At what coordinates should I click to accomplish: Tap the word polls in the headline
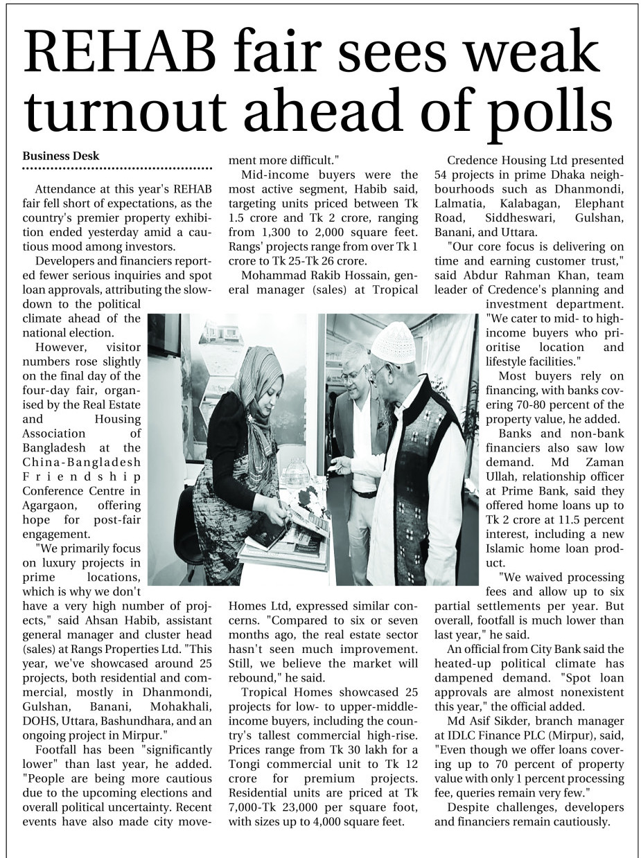(534, 114)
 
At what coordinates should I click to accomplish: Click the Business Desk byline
(61, 157)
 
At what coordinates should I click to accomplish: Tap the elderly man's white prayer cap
(393, 341)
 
